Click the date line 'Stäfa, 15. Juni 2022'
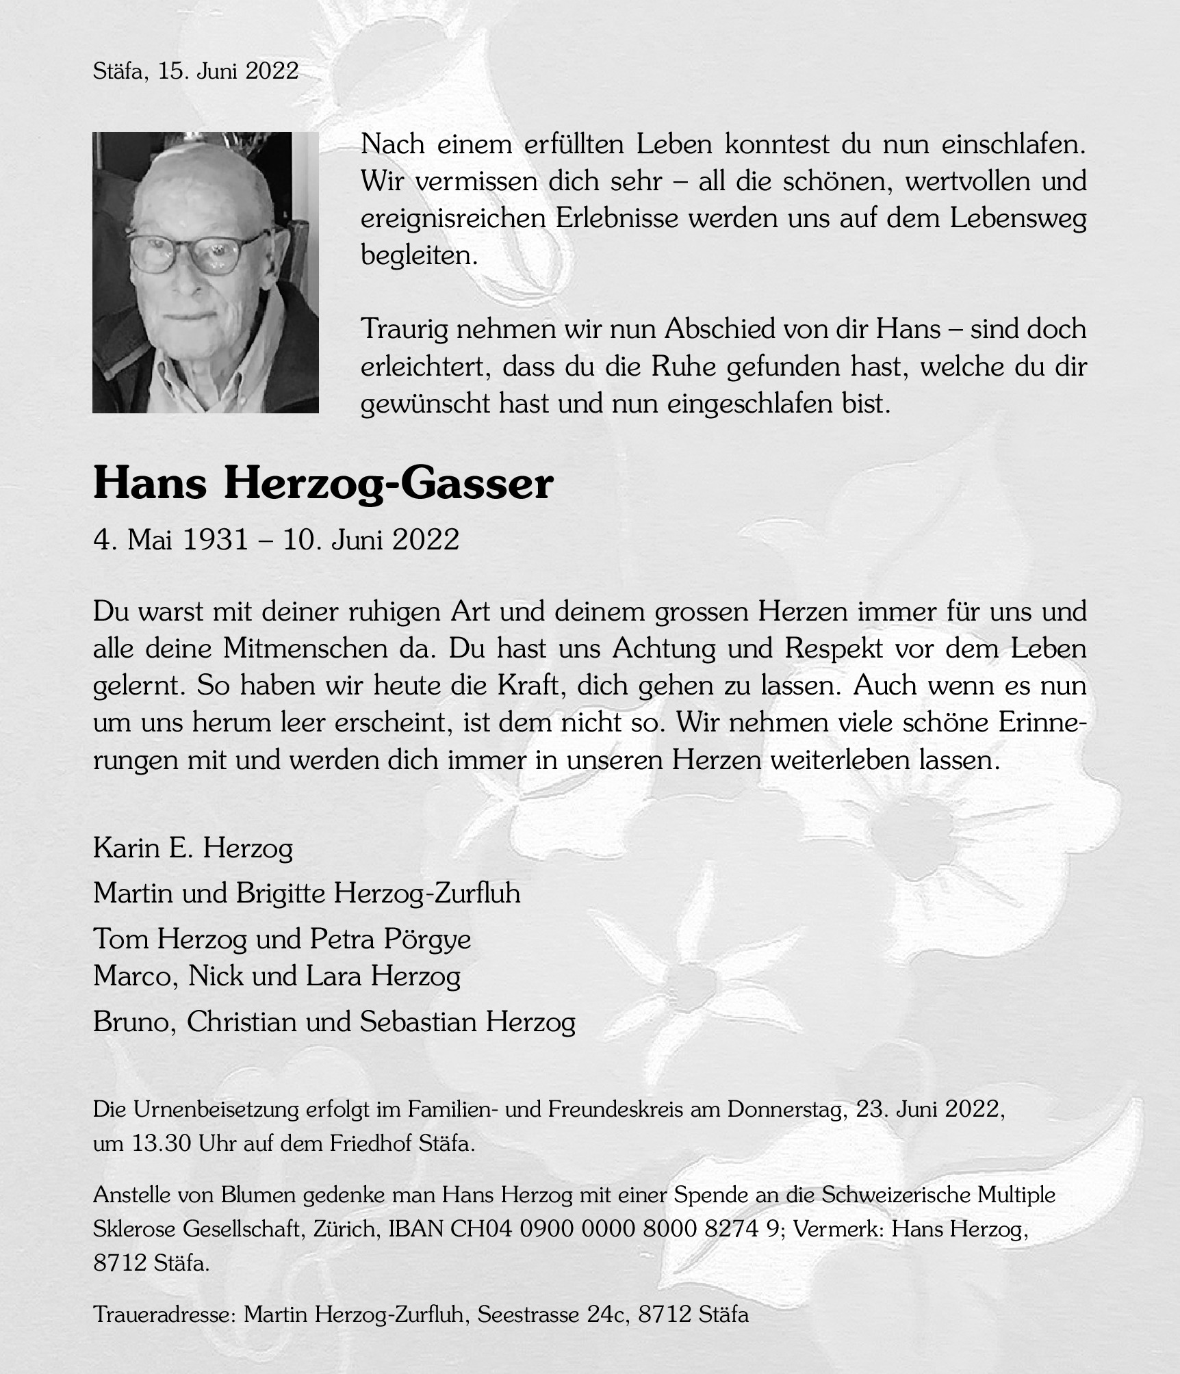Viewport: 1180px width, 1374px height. click(196, 71)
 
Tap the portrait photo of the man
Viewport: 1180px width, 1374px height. click(205, 272)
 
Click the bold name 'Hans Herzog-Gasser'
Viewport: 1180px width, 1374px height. click(322, 484)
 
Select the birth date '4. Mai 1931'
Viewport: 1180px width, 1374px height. click(170, 541)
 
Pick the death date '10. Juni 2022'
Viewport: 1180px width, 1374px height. click(371, 541)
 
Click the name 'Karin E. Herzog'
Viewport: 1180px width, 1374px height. click(193, 849)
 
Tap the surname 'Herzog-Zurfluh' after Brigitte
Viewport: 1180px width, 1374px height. click(427, 893)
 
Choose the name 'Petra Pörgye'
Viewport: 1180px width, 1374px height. click(390, 939)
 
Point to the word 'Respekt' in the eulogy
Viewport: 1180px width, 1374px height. click(834, 648)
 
